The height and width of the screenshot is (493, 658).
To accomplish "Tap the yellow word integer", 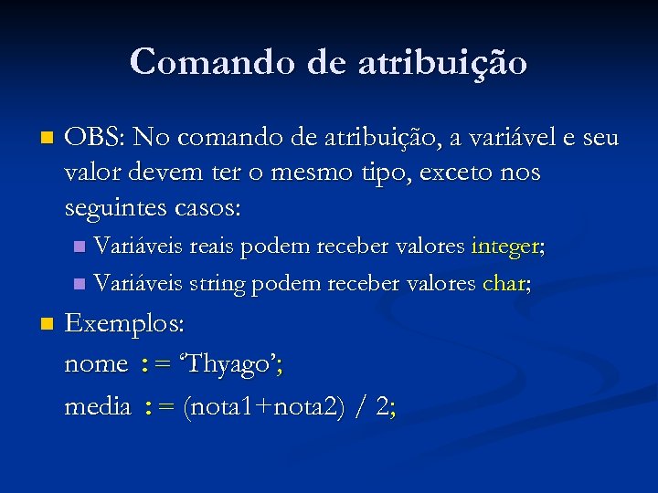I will point(505,246).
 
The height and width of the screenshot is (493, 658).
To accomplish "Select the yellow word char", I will point(502,284).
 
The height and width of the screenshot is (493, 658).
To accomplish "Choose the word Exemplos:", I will point(124,324).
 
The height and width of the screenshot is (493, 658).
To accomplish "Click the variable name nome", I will point(96,364).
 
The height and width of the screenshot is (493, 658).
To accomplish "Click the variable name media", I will point(98,407).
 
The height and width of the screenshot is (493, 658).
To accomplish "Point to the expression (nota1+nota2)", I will point(263,407).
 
